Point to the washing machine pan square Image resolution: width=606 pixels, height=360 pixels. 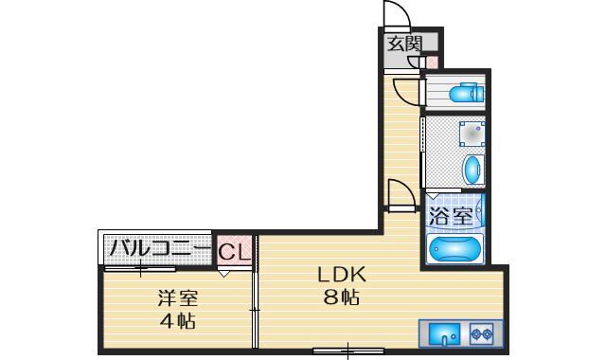tap(471, 134)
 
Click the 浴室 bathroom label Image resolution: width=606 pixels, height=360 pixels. tap(452, 216)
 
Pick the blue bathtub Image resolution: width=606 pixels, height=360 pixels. tap(455, 248)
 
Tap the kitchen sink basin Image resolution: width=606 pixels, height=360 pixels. tap(444, 333)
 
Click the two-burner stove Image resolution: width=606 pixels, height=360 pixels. tap(480, 333)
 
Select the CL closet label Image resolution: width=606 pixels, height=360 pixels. tap(234, 253)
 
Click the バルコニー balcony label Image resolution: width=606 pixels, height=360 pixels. tap(158, 250)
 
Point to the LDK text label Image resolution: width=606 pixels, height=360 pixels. tap(342, 276)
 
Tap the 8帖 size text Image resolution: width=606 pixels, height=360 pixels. tap(341, 297)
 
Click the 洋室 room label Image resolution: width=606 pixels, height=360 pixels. tap(177, 297)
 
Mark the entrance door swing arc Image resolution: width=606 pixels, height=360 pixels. tap(397, 16)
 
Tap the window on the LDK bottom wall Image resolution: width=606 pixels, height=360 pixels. tap(348, 352)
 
